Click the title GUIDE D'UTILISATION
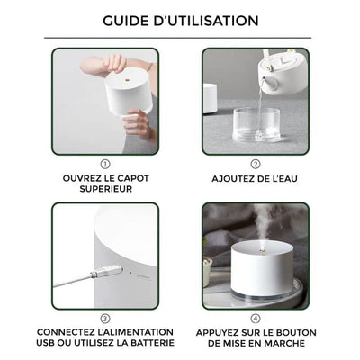[x=180, y=20]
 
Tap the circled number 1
[x=105, y=165]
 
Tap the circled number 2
[x=256, y=165]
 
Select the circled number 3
[x=105, y=318]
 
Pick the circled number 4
[x=256, y=318]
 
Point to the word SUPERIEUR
[x=105, y=190]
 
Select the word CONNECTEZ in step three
[x=74, y=331]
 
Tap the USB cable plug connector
[x=109, y=270]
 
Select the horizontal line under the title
[x=180, y=38]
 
